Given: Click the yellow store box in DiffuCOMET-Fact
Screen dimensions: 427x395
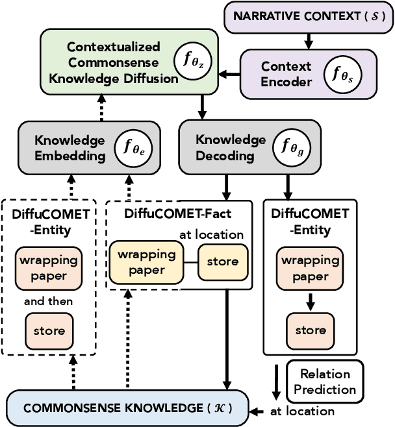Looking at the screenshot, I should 223,262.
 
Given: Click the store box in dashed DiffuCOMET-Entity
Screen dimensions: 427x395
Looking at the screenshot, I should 49,330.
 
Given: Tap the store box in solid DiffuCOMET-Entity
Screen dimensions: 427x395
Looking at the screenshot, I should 310,330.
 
